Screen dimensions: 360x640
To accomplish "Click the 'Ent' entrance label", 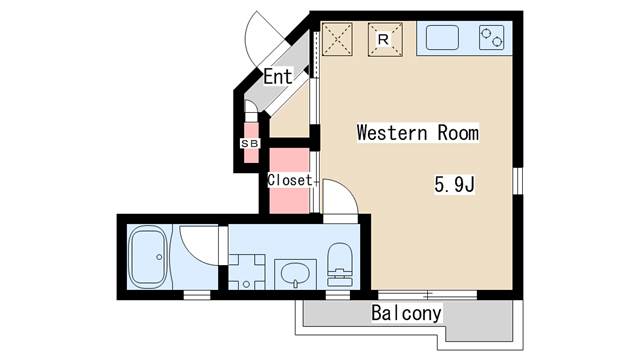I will tap(278, 75).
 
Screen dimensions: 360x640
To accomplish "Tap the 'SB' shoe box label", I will tap(248, 142).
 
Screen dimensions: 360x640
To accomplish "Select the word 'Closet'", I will tap(290, 180).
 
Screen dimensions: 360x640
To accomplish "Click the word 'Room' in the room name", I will tap(456, 132).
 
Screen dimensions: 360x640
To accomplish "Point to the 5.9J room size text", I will tap(452, 184).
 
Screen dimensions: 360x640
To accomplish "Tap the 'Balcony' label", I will tap(406, 313).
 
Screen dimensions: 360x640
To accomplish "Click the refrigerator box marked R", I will tap(385, 39).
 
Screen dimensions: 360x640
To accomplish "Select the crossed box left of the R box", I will tap(337, 39).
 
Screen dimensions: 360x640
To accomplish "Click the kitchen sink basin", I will tap(444, 39).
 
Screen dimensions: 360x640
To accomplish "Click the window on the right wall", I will tap(519, 181).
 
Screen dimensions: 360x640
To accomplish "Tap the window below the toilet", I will tap(340, 296).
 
